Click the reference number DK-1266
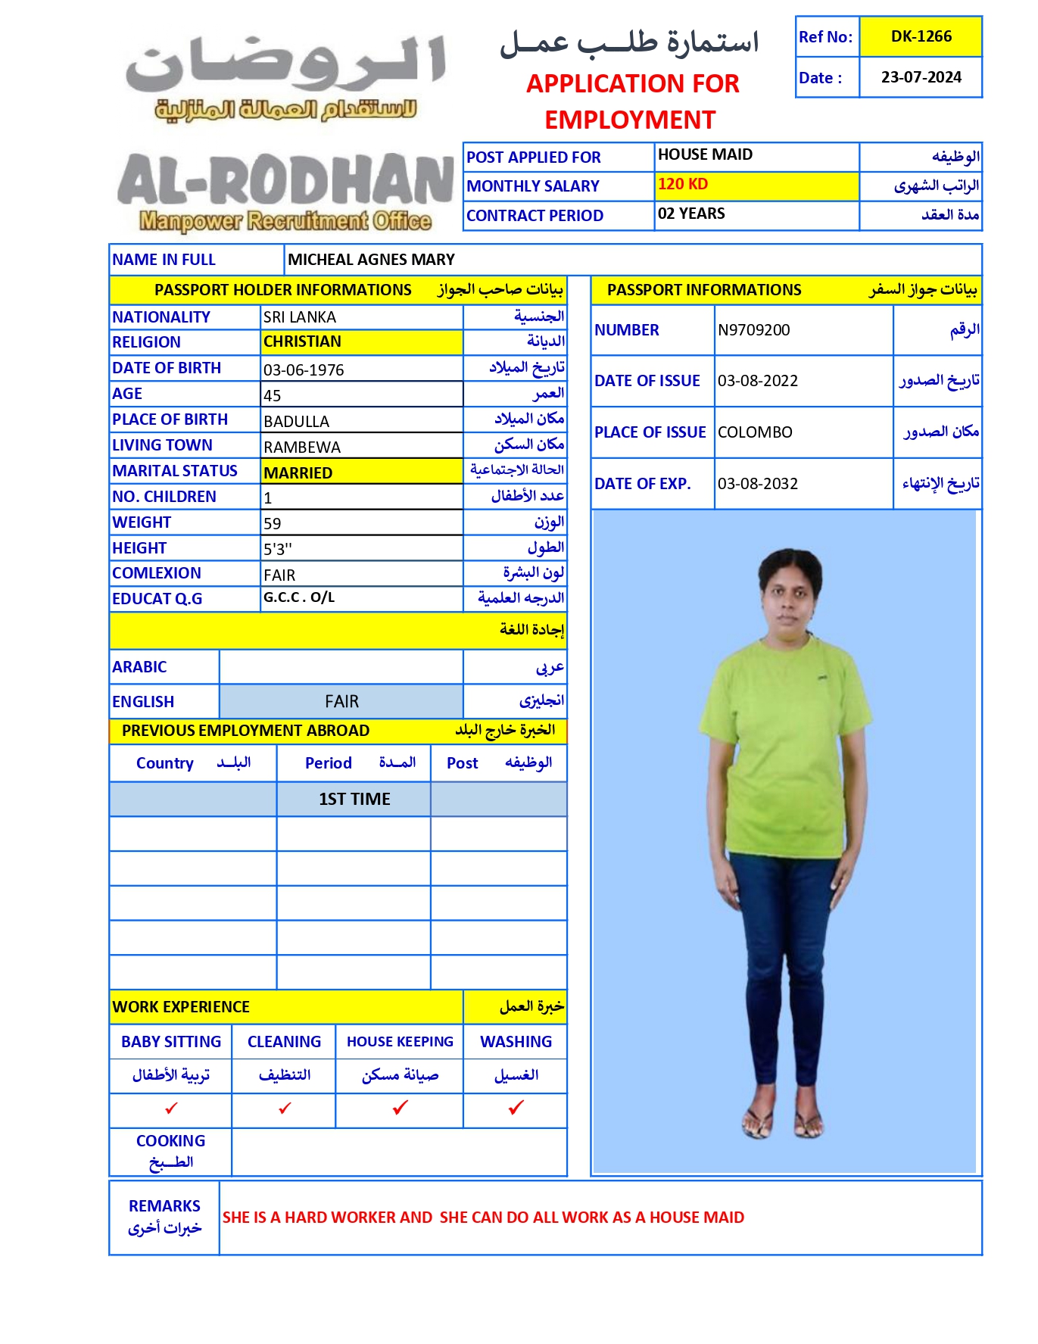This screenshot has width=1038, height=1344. tap(921, 36)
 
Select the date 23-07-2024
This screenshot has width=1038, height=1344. tap(921, 77)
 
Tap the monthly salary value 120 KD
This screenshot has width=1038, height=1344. tap(683, 184)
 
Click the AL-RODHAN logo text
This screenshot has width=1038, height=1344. tap(285, 181)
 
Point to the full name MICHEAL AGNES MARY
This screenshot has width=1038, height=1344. tap(371, 260)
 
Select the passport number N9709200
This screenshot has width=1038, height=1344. tap(753, 330)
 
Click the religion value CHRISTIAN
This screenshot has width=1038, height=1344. tap(302, 341)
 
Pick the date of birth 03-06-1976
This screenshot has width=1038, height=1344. tap(304, 370)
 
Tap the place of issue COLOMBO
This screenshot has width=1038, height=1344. tap(755, 432)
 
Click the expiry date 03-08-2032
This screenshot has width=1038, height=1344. tap(758, 484)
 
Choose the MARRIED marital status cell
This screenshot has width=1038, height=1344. tap(298, 473)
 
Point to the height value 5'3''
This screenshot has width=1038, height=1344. tap(278, 549)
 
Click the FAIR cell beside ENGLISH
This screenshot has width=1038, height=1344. tap(341, 701)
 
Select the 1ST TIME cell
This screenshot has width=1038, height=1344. tap(354, 799)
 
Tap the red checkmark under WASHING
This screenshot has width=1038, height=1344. tap(516, 1108)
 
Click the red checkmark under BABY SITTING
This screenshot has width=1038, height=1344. tap(171, 1109)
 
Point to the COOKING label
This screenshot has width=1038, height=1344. tap(170, 1141)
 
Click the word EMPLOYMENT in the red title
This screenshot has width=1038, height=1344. tap(630, 120)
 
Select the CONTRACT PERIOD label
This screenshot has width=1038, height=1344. tap(535, 216)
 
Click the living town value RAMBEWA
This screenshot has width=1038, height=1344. tap(302, 447)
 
